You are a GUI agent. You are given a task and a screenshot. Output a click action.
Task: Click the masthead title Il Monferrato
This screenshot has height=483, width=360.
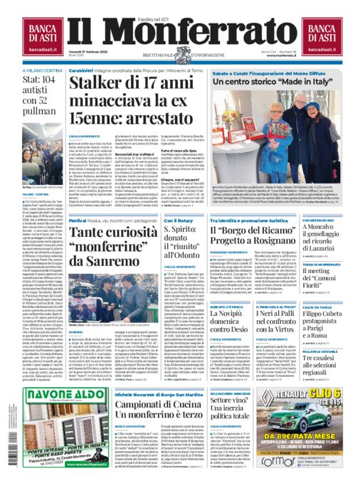click(x=180, y=34)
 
